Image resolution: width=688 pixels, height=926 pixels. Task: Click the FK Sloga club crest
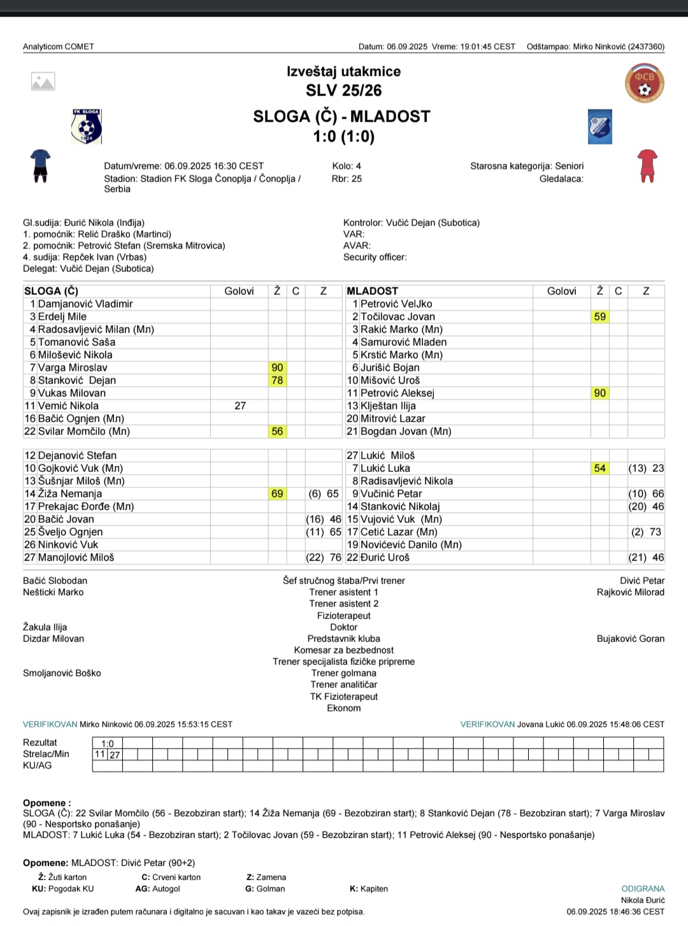(87, 126)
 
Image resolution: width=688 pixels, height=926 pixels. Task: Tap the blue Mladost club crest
(599, 126)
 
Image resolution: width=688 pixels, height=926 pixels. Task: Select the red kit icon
(647, 166)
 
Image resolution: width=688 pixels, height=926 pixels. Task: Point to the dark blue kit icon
(40, 166)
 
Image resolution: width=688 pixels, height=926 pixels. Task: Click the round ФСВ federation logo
(645, 83)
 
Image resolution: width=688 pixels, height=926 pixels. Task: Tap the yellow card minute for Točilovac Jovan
(599, 317)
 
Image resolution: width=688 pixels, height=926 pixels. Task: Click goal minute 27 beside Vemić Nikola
(240, 406)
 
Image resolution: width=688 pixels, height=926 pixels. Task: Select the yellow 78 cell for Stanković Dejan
(277, 380)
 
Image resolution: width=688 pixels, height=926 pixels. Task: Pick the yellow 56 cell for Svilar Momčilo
(277, 431)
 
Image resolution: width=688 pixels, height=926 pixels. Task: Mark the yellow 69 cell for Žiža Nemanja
(277, 494)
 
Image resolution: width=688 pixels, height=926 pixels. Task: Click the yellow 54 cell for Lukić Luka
(599, 468)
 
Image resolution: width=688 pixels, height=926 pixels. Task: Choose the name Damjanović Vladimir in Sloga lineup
(85, 304)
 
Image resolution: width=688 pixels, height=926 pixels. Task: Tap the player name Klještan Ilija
(388, 406)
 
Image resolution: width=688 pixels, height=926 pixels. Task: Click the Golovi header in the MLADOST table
(561, 291)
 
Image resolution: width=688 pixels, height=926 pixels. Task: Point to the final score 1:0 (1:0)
(343, 136)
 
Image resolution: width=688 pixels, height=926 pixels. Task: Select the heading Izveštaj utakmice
(343, 71)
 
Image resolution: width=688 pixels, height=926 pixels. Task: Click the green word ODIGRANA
(643, 888)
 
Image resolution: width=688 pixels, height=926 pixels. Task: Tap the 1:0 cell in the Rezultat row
(108, 743)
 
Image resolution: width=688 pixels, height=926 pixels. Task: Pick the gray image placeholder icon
(43, 82)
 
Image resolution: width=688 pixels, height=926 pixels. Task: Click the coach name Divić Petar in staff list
(641, 581)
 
